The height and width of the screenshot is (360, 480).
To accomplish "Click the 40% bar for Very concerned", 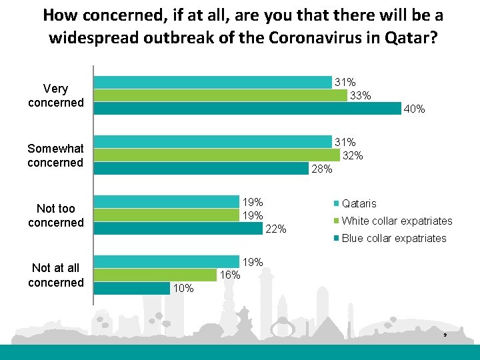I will (x=247, y=108).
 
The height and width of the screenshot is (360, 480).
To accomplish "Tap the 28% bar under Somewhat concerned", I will (x=201, y=168).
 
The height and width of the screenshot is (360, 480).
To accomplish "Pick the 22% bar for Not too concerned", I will (x=178, y=228).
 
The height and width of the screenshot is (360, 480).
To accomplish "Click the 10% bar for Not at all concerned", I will (x=132, y=288).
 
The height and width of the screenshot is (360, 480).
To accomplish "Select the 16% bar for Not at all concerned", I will (x=155, y=275).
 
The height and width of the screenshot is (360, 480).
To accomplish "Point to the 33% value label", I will (x=361, y=95).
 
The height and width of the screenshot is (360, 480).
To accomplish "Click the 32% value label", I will (x=352, y=155).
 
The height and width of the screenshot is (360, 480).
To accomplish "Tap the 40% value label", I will (x=414, y=109).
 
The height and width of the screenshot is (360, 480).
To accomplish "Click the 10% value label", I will (x=183, y=289).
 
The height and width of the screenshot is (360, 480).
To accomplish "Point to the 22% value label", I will (x=276, y=229).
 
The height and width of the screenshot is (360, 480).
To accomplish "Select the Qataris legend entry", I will (x=359, y=203).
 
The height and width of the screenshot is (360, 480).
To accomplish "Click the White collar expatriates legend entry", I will (x=396, y=221).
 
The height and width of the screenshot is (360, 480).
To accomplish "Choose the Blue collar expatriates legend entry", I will (x=393, y=238).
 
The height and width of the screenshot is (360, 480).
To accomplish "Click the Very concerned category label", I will (x=56, y=95).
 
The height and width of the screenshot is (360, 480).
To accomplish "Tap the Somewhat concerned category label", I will (x=55, y=155).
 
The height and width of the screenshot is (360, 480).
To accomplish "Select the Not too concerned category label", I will (x=56, y=215).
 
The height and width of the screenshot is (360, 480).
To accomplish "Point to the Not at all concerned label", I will (x=56, y=275).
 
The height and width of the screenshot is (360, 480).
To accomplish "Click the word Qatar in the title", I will (x=415, y=37).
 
